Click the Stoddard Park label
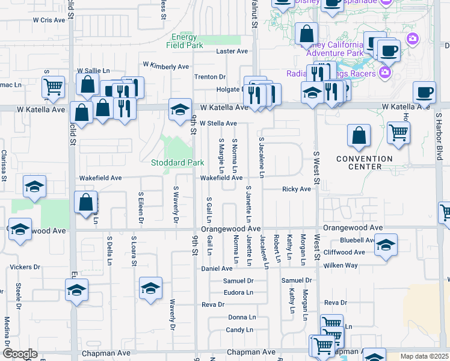[178, 163]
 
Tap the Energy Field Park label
[184, 41]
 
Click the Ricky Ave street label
[297, 189]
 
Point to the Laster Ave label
[232, 52]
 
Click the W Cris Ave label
[49, 20]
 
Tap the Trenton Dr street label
[209, 77]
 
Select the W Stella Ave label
[218, 123]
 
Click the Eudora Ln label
[238, 292]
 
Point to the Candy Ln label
[239, 330]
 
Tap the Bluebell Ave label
[357, 240]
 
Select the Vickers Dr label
[25, 267]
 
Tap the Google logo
[19, 354]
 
